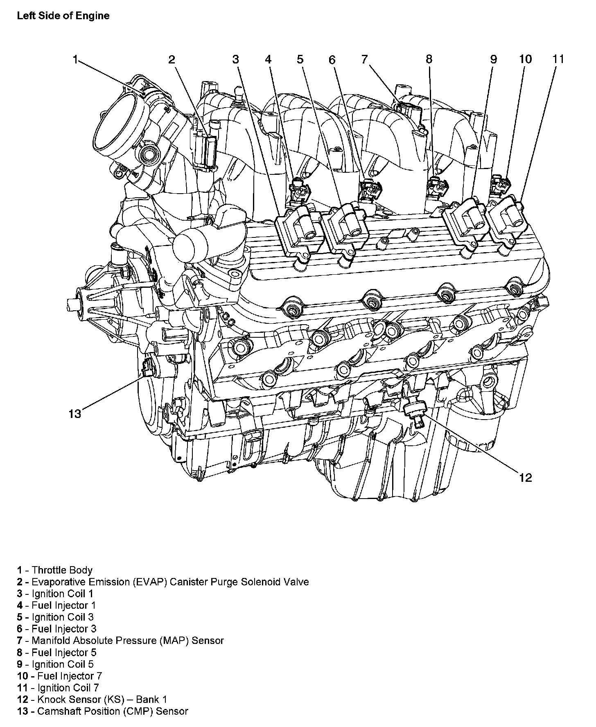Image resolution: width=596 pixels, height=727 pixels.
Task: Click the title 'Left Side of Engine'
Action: tap(63, 16)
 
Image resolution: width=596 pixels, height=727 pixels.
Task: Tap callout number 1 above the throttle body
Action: tap(75, 60)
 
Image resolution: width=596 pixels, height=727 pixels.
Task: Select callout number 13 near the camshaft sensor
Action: tap(75, 414)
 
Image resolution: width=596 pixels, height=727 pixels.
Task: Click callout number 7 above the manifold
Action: tap(364, 59)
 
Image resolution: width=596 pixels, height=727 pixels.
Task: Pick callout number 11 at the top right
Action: tap(558, 59)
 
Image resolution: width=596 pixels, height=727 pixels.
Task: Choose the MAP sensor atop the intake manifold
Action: tap(406, 108)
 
